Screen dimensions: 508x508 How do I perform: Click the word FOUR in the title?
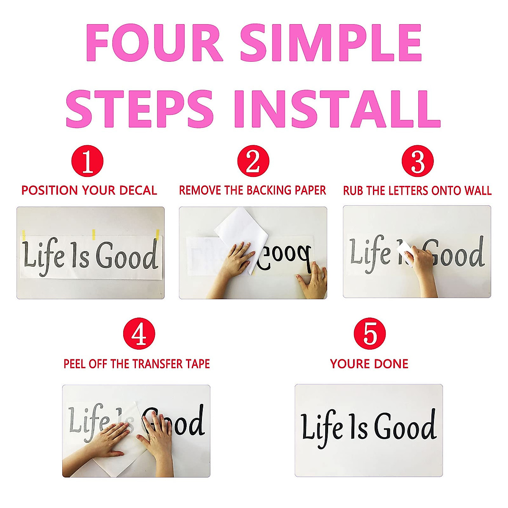pyautogui.click(x=154, y=43)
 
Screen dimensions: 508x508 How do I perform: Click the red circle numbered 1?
pyautogui.click(x=88, y=161)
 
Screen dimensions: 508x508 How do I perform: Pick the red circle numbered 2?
pyautogui.click(x=253, y=161)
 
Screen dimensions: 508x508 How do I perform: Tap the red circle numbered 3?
pyautogui.click(x=417, y=161)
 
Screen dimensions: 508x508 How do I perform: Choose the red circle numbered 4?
pyautogui.click(x=139, y=334)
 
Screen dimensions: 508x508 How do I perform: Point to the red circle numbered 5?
pyautogui.click(x=370, y=334)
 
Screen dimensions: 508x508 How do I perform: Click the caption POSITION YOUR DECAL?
pyautogui.click(x=89, y=190)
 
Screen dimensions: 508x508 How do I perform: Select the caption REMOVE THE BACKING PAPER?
pyautogui.click(x=253, y=190)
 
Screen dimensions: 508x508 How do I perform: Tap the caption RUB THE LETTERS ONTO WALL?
pyautogui.click(x=417, y=190)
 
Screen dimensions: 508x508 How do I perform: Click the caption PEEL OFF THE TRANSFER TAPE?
pyautogui.click(x=137, y=364)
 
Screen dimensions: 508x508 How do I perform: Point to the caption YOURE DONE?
pyautogui.click(x=369, y=364)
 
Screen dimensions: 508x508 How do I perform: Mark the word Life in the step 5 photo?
pyautogui.click(x=322, y=428)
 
